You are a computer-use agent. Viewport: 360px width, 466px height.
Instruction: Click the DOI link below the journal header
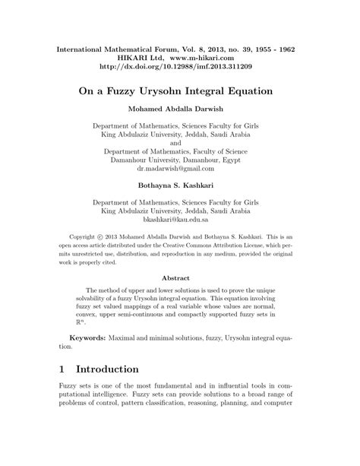coord(180,67)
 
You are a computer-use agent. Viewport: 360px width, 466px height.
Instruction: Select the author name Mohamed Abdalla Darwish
coord(180,109)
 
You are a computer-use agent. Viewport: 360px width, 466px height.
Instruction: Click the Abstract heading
coord(180,278)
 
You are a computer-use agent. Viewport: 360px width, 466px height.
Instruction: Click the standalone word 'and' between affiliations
coord(180,142)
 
